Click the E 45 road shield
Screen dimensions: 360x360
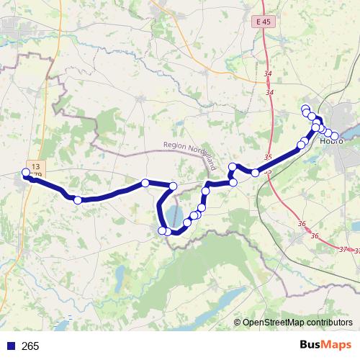click(264, 22)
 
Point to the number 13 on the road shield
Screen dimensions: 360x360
click(34, 166)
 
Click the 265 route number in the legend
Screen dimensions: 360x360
click(31, 346)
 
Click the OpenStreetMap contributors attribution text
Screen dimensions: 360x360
click(297, 323)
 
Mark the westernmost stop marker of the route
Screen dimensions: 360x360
click(26, 172)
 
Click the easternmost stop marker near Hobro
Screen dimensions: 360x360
click(335, 135)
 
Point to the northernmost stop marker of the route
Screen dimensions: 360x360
click(305, 109)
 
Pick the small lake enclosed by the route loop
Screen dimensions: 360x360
click(174, 215)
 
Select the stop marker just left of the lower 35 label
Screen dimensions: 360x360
click(254, 172)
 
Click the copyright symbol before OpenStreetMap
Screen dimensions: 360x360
click(238, 323)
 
